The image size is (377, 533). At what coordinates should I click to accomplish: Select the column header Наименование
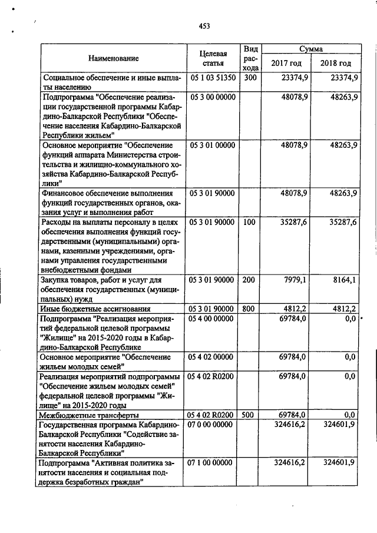[114, 58]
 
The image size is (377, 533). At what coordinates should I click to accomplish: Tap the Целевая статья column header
[213, 58]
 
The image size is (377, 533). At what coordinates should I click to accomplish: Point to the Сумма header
[310, 49]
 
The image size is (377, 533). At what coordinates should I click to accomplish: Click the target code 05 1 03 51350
[213, 77]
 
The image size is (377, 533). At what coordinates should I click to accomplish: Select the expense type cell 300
[250, 77]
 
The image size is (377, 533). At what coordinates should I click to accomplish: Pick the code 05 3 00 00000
[213, 95]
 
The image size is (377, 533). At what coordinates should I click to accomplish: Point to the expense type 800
[250, 309]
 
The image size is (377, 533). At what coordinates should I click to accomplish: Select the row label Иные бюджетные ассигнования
[95, 309]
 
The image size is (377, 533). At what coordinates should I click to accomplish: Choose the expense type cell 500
[250, 415]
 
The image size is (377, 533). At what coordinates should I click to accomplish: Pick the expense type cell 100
[250, 223]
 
